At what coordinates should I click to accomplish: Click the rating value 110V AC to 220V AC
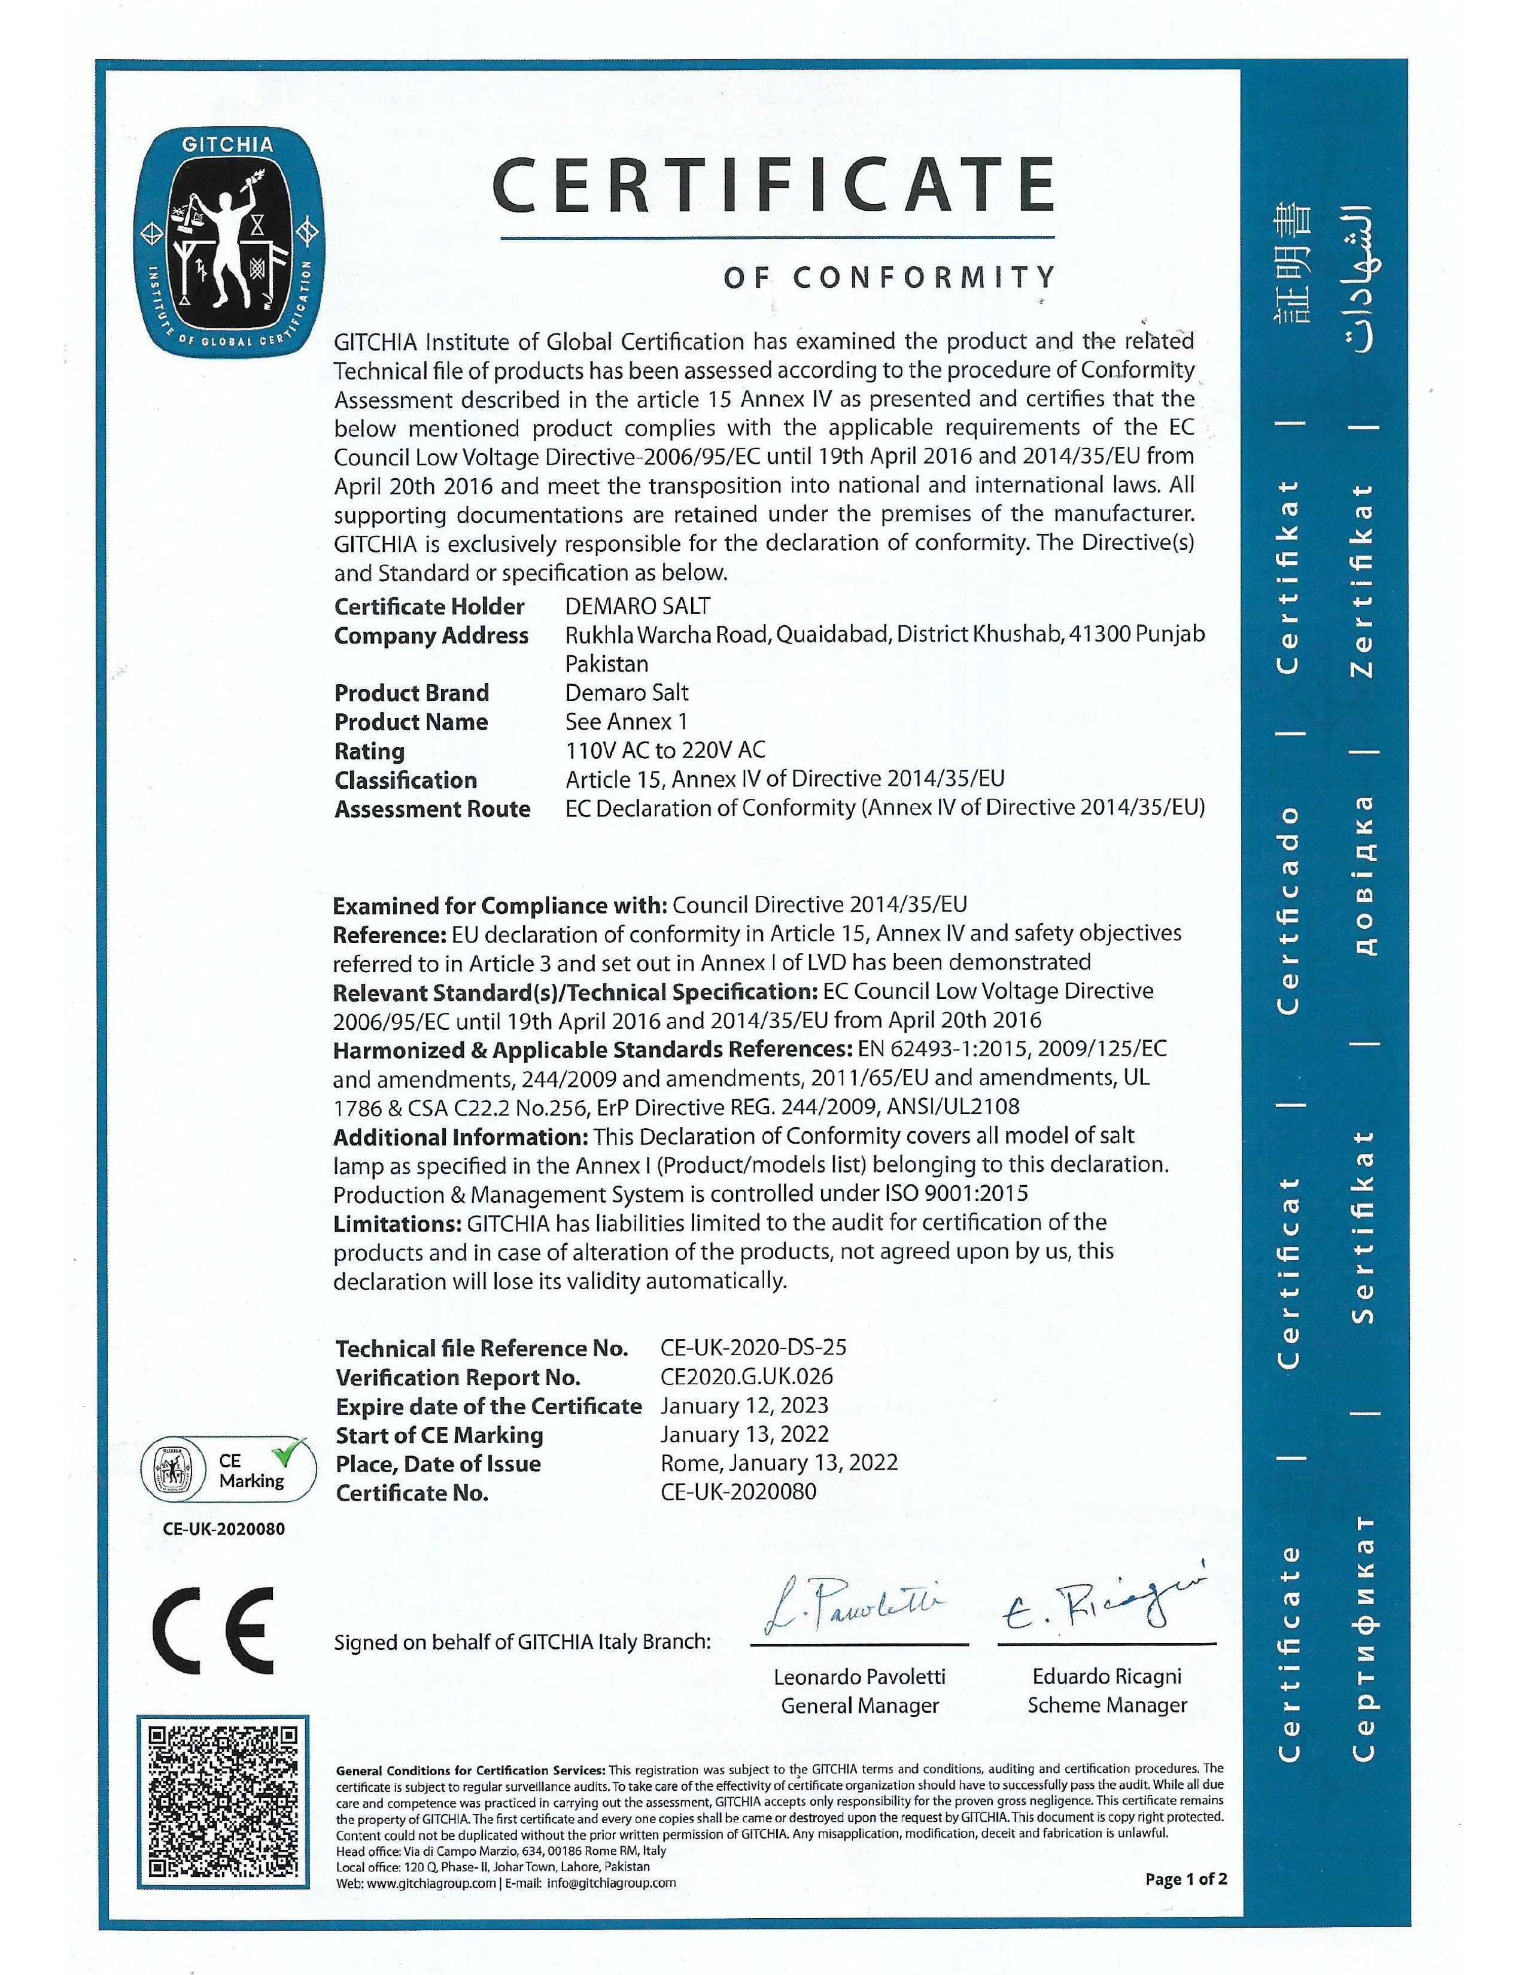point(665,750)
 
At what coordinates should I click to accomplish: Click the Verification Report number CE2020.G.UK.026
point(747,1377)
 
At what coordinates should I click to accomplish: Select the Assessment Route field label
point(432,809)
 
